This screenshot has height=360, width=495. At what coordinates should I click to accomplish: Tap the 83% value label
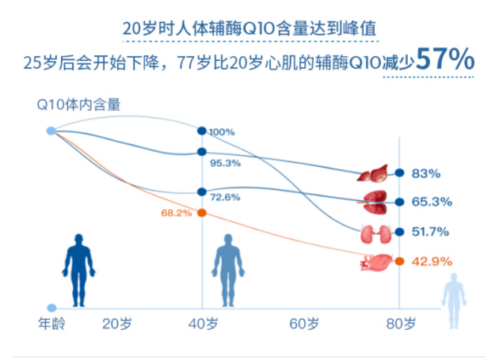(x=425, y=173)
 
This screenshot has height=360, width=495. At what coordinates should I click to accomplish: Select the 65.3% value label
(x=432, y=202)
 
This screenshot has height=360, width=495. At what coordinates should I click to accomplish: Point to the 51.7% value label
(x=431, y=232)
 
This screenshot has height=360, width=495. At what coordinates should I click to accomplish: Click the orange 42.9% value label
(x=432, y=261)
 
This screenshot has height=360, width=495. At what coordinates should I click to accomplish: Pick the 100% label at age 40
(x=222, y=132)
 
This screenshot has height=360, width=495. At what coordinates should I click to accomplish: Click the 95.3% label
(x=225, y=163)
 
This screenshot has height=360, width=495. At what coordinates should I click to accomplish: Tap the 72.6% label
(x=225, y=197)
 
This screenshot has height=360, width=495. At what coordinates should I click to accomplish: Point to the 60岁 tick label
(x=304, y=324)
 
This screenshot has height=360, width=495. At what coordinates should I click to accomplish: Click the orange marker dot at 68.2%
(x=202, y=213)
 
